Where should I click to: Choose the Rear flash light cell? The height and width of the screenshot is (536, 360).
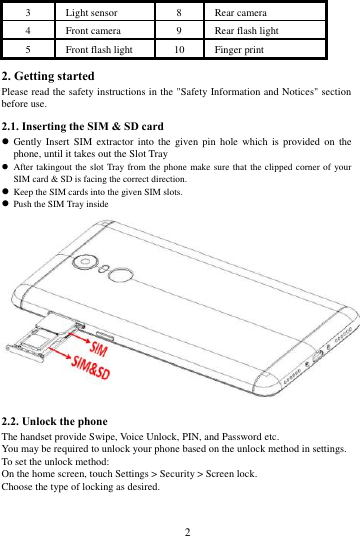(245, 31)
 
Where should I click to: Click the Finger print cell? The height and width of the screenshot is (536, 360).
(235, 47)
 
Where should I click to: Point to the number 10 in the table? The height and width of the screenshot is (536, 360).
(179, 47)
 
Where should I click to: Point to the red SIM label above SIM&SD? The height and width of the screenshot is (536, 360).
(99, 351)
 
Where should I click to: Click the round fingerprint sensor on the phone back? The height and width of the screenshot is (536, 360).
(123, 277)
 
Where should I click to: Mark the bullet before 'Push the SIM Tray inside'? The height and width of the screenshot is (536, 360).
(6, 201)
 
